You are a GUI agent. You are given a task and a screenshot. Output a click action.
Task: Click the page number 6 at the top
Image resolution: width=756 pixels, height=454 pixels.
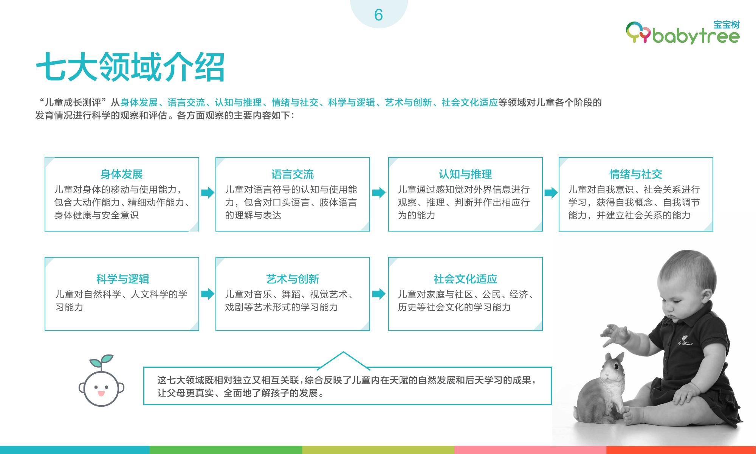(378, 15)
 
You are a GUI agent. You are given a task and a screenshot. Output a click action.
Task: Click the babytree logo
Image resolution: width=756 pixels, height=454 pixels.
(683, 32)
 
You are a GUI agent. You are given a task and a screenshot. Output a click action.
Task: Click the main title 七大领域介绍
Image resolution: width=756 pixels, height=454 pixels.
(130, 67)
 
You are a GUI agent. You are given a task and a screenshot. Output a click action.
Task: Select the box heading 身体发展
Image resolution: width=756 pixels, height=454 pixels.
(121, 174)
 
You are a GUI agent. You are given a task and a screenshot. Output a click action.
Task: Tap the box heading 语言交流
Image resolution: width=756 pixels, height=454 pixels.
(293, 174)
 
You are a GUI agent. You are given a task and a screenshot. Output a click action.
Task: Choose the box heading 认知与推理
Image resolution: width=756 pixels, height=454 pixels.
(465, 174)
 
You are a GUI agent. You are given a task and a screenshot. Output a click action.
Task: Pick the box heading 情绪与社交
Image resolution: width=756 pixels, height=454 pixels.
(636, 174)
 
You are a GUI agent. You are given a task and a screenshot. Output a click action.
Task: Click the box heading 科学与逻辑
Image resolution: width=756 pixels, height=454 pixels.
(123, 279)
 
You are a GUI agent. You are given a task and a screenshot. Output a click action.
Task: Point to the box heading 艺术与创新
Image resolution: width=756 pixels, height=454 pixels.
(293, 279)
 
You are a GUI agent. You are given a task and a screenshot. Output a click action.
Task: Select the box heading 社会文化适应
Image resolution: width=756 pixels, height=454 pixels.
(465, 279)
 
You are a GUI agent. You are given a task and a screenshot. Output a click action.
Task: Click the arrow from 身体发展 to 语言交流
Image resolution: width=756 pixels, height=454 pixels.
(208, 193)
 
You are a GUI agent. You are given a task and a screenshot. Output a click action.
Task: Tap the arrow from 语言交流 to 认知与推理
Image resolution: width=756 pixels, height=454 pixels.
(379, 193)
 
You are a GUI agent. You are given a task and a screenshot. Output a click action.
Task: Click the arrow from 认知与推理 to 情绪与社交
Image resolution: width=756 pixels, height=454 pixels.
(551, 193)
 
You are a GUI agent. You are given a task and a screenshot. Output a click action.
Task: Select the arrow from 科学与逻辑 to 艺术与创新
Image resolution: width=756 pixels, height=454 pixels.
(208, 294)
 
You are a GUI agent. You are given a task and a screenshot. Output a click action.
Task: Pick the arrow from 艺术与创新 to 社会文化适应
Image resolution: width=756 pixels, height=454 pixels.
(379, 294)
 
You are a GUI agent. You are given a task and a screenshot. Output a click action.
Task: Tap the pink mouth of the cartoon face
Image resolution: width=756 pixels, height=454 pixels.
(101, 394)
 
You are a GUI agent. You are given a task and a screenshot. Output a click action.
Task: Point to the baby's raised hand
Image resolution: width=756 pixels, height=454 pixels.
(614, 335)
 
